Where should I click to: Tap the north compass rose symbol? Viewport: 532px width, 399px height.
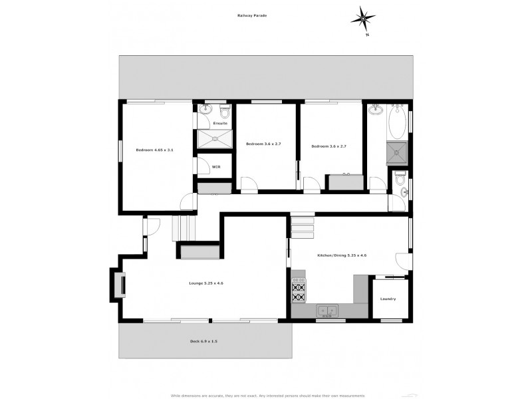(363, 17)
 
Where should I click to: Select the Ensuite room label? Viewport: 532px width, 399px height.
(220, 123)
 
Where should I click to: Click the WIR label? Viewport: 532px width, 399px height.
(216, 167)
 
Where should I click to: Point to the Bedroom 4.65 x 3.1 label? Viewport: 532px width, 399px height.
(154, 150)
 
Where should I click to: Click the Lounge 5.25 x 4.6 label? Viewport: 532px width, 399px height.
(206, 283)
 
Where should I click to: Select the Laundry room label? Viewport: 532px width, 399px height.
(388, 299)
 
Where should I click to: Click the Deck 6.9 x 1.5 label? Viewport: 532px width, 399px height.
(203, 341)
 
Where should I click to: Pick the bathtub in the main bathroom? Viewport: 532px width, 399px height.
(397, 124)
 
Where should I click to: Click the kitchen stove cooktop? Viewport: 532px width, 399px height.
(298, 291)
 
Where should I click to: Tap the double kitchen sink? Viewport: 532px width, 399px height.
(327, 310)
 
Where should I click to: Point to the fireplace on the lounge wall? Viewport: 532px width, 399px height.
(118, 285)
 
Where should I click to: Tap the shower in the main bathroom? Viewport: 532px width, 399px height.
(397, 153)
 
